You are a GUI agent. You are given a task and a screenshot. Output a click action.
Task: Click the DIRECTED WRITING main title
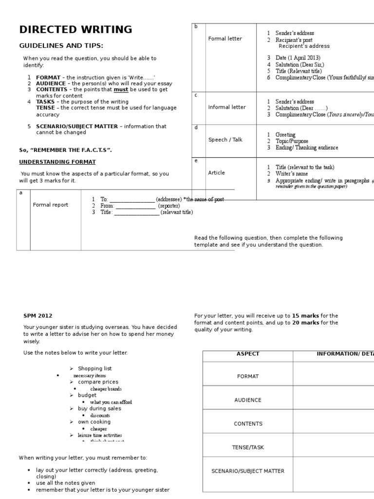point(75,29)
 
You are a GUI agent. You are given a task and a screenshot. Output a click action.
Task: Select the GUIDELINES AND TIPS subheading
point(61,45)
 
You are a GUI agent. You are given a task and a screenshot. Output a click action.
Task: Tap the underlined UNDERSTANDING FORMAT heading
point(57,161)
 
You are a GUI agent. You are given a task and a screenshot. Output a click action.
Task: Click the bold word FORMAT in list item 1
point(48,77)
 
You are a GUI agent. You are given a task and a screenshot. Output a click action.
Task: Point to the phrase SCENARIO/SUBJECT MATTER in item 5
point(77,126)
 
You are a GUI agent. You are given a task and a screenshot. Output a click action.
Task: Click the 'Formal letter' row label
point(224,38)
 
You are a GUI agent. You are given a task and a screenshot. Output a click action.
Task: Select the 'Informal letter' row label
point(226,107)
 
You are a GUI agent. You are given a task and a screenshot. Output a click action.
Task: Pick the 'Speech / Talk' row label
point(225,139)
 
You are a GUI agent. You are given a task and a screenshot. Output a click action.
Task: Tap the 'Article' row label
point(217,173)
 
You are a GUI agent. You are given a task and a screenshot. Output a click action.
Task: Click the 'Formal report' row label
point(51,205)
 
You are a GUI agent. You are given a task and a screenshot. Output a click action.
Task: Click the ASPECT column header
point(247,354)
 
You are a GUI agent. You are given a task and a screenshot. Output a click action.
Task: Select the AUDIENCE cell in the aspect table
point(247,400)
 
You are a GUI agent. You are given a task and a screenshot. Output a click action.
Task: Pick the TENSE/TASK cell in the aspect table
point(247,447)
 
